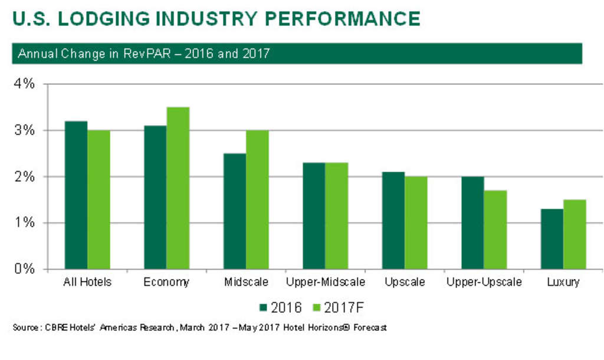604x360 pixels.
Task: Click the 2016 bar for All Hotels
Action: [x=76, y=195]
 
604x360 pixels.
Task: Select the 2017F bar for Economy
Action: [x=178, y=188]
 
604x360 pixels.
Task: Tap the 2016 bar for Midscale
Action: [x=235, y=211]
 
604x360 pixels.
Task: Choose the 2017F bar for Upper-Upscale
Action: [x=495, y=230]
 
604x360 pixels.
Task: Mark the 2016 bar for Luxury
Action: [x=552, y=238]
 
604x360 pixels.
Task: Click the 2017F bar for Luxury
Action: [x=574, y=234]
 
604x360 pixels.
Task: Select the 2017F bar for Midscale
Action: [x=257, y=199]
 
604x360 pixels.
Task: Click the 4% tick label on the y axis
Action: [x=24, y=84]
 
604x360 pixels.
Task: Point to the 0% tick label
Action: [x=24, y=269]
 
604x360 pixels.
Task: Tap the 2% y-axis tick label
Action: [x=24, y=176]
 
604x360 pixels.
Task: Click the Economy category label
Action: [x=166, y=282]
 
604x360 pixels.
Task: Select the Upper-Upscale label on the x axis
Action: [x=484, y=282]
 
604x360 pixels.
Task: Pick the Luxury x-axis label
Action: [x=563, y=282]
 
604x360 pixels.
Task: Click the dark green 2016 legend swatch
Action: [x=264, y=307]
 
